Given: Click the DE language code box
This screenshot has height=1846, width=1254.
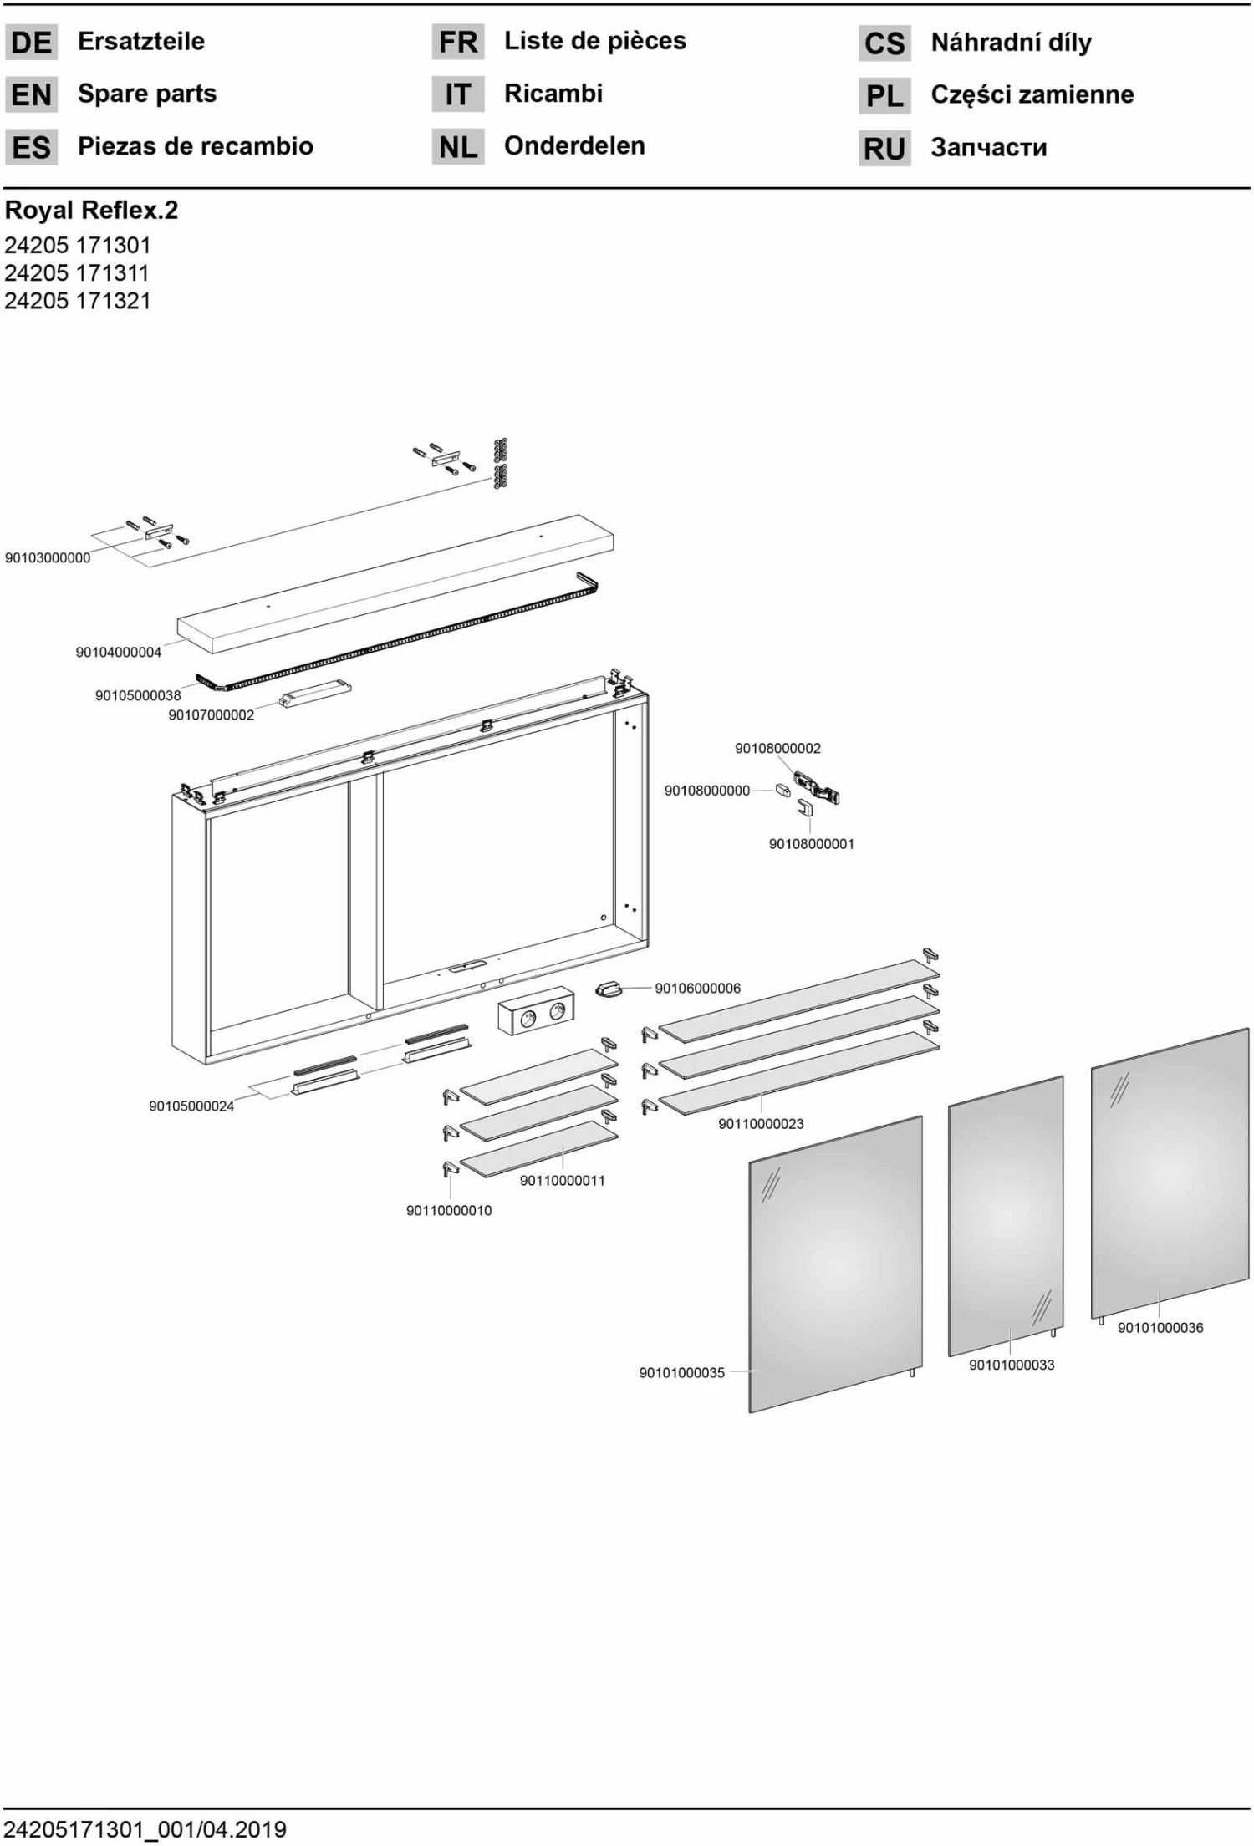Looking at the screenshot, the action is (32, 42).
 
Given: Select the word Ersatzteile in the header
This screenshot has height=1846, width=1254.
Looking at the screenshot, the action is (141, 41).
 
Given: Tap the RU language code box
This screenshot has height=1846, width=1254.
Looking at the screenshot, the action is (884, 148).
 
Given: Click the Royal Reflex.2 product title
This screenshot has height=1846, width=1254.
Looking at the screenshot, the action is (92, 210).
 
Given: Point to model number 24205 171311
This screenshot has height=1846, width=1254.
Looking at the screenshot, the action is (77, 273).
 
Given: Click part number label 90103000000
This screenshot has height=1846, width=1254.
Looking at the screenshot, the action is (48, 558).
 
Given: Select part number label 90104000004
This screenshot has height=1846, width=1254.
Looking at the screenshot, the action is (119, 653).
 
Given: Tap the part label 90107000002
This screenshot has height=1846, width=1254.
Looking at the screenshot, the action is (212, 715).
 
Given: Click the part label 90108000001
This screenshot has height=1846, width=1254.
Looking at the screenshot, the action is (812, 844).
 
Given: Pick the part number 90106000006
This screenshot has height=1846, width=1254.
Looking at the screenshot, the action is (698, 989).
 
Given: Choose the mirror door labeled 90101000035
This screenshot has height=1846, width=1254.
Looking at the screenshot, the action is (835, 1264).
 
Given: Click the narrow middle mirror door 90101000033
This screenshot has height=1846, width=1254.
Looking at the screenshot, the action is (1006, 1216).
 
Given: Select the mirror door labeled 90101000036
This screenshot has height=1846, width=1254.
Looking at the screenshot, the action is (1170, 1173).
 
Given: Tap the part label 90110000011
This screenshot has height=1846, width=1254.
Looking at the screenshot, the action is (563, 1181).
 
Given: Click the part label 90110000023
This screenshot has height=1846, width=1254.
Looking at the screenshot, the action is (762, 1124).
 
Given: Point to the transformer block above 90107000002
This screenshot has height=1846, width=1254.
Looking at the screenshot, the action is (315, 694).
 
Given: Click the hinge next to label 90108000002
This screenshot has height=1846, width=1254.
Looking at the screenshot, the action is (816, 787).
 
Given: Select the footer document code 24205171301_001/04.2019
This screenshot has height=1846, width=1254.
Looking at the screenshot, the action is (145, 1830).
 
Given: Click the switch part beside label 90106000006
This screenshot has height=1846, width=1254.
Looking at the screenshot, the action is (609, 989).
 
